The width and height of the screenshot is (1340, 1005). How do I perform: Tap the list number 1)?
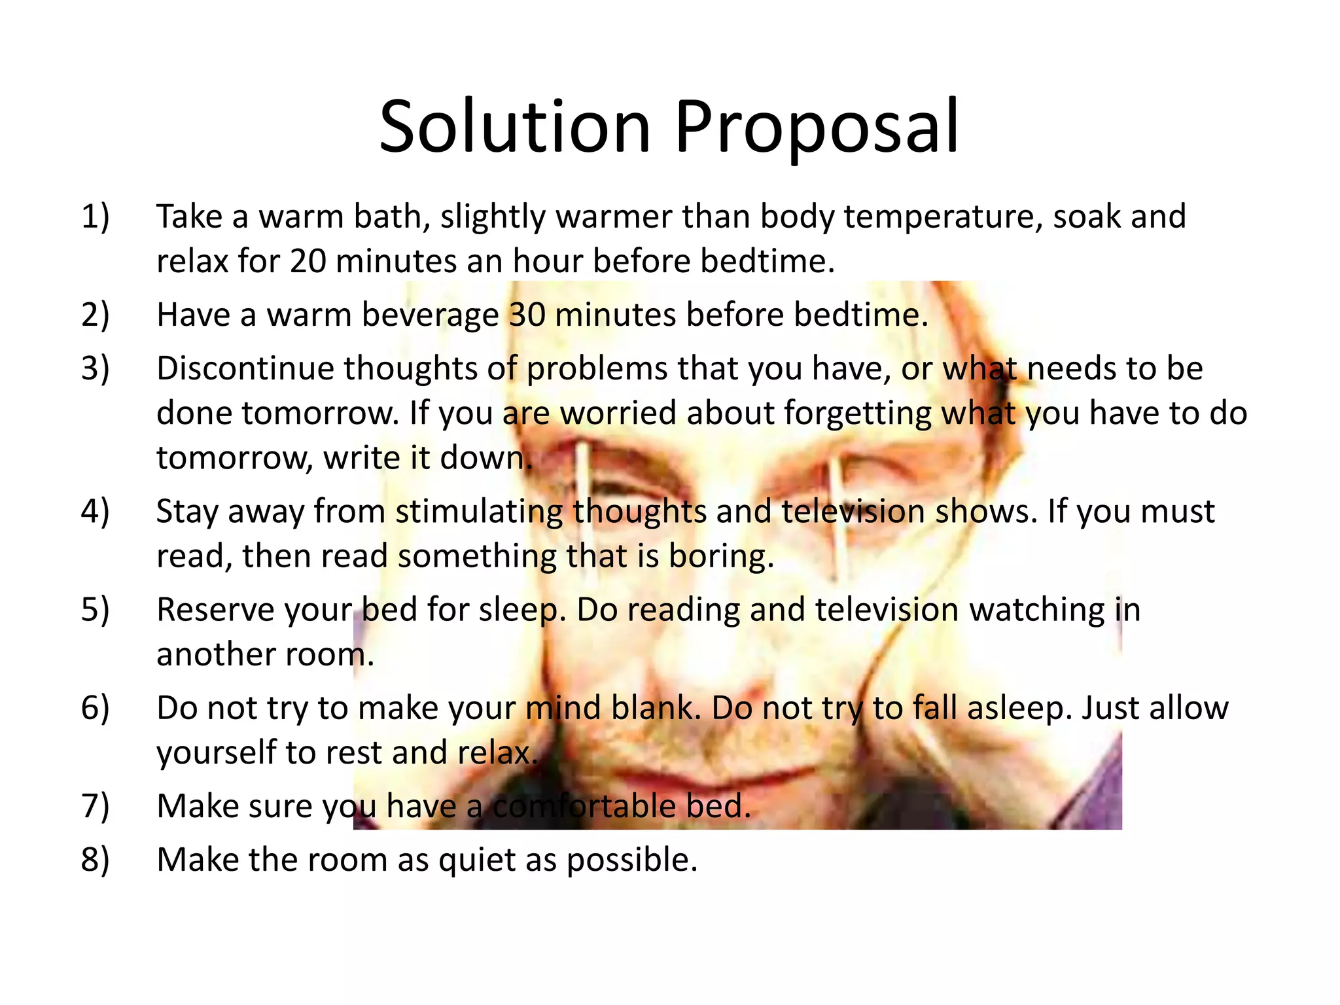point(95,217)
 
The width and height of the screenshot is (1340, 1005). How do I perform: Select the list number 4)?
point(95,511)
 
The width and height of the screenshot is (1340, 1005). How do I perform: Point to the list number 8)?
point(95,860)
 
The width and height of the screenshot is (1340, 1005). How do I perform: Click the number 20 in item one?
point(308,261)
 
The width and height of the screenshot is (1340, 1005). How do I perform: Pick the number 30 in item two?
point(527,315)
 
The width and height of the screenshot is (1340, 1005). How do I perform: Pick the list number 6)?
point(95,708)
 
